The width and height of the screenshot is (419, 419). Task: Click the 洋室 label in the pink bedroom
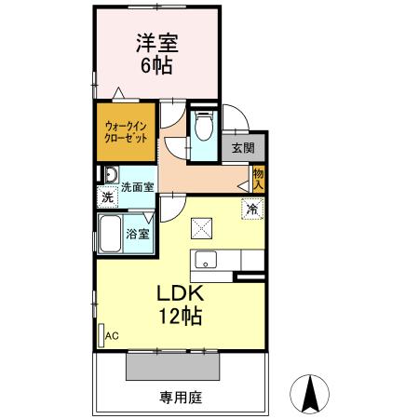coord(157,43)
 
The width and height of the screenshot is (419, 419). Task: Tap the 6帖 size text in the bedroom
coord(157,65)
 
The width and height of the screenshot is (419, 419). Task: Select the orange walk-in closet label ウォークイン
coord(125,125)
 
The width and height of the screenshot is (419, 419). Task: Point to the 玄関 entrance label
coord(243,147)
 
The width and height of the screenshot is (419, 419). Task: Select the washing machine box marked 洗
coord(107,197)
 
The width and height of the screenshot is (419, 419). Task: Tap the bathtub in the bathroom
coord(112,234)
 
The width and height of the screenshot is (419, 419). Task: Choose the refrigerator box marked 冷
coord(251,209)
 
